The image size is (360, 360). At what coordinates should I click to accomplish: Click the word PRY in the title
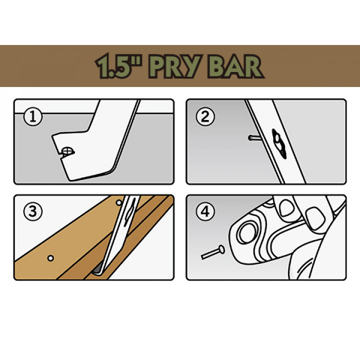point(175,66)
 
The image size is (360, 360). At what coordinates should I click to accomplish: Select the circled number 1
point(33,116)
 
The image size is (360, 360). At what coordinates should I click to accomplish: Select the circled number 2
point(205,116)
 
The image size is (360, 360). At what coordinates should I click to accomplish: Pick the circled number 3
point(33,211)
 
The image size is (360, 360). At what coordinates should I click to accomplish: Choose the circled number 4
point(205,211)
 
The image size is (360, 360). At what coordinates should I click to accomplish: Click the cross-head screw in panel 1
point(67,151)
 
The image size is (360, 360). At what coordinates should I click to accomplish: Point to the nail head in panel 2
point(250,138)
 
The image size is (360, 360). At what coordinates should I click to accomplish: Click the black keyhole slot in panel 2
point(278,144)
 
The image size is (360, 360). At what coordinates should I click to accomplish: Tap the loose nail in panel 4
point(213,252)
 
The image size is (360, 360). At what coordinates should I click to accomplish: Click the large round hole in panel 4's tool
point(247,232)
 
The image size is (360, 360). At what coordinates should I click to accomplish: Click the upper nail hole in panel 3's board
point(119,202)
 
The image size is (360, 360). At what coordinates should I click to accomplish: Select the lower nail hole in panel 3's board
point(50,258)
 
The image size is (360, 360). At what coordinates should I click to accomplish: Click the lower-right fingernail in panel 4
point(315,218)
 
